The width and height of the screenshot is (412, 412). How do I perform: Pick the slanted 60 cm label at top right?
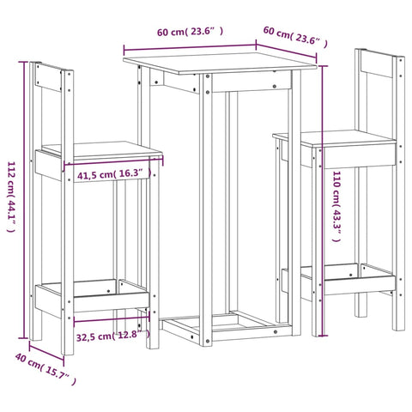(x=294, y=37)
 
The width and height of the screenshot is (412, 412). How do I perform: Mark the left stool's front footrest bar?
(x=112, y=301)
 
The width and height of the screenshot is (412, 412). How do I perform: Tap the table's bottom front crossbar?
(x=223, y=329)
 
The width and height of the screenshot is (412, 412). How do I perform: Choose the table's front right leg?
(x=294, y=215)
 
